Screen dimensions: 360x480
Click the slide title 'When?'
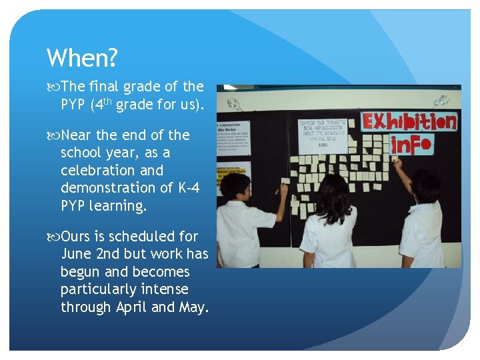pyautogui.click(x=82, y=59)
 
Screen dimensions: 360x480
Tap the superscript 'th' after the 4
pyautogui.click(x=107, y=101)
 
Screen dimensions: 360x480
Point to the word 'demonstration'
pyautogui.click(x=111, y=189)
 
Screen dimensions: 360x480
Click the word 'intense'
pyautogui.click(x=162, y=290)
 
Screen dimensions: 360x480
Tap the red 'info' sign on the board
pyautogui.click(x=411, y=144)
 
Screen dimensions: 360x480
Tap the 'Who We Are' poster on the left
pyautogui.click(x=233, y=137)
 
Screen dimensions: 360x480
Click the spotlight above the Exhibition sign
pyautogui.click(x=441, y=101)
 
